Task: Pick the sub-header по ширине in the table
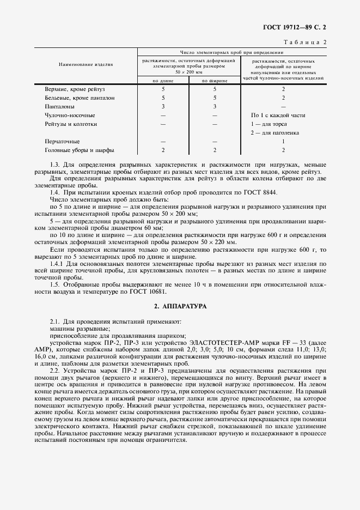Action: click(215, 81)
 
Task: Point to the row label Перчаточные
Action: click(62, 141)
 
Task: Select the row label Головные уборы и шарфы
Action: click(80, 150)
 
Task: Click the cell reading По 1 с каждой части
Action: click(278, 115)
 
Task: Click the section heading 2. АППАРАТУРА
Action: click(180, 307)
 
